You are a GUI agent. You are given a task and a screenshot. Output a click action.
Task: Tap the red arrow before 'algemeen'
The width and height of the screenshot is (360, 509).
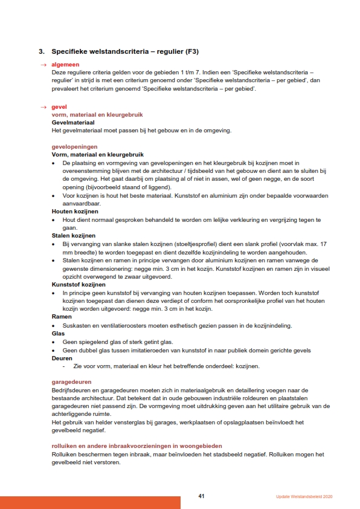[x=43, y=65]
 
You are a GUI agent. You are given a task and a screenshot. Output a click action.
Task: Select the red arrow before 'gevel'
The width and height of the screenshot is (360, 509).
[x=43, y=107]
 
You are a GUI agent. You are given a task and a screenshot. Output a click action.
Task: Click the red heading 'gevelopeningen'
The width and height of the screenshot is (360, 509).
[x=74, y=147]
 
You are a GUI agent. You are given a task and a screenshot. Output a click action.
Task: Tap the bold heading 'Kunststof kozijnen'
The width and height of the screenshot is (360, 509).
[x=79, y=284]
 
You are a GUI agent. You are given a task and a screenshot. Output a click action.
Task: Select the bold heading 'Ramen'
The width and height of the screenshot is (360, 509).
[x=62, y=316]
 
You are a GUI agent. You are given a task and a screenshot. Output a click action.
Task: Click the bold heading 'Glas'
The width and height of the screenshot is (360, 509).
[x=58, y=333]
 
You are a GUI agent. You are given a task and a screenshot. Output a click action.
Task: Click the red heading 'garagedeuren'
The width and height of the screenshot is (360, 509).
[x=71, y=382]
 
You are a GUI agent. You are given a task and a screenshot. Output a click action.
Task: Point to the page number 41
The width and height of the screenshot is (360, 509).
[x=202, y=496]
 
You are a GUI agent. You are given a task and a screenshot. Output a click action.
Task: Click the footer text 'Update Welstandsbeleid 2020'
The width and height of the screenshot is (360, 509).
[x=300, y=497]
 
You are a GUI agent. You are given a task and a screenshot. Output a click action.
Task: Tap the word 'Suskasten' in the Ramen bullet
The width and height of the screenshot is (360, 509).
[x=76, y=325]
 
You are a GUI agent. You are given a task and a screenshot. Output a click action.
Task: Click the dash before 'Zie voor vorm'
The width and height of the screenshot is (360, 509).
[x=63, y=366]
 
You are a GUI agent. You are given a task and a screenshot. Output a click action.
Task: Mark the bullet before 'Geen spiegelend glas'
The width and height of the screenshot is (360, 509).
[x=54, y=342]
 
